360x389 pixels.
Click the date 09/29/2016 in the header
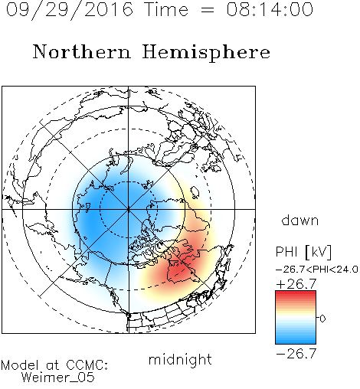(x=70, y=10)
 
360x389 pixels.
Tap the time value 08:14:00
(x=270, y=9)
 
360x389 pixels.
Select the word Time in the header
(x=166, y=9)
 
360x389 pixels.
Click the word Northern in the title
(x=82, y=52)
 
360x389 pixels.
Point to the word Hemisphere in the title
(x=206, y=53)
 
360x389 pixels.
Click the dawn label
(x=300, y=220)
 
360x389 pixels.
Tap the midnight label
(x=180, y=360)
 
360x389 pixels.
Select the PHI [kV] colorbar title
(x=303, y=252)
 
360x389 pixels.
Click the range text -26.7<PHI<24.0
(x=317, y=270)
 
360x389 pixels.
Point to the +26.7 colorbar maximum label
(x=296, y=284)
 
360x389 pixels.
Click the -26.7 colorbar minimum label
(x=296, y=354)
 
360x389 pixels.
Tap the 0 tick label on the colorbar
(x=322, y=319)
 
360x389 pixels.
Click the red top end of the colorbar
(x=296, y=293)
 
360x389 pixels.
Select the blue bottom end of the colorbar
(x=296, y=342)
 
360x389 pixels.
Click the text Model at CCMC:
(x=54, y=365)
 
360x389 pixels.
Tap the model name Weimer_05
(x=58, y=377)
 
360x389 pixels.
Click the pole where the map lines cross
(x=129, y=209)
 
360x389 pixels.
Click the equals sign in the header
(x=208, y=10)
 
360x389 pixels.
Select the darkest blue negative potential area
(x=92, y=217)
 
